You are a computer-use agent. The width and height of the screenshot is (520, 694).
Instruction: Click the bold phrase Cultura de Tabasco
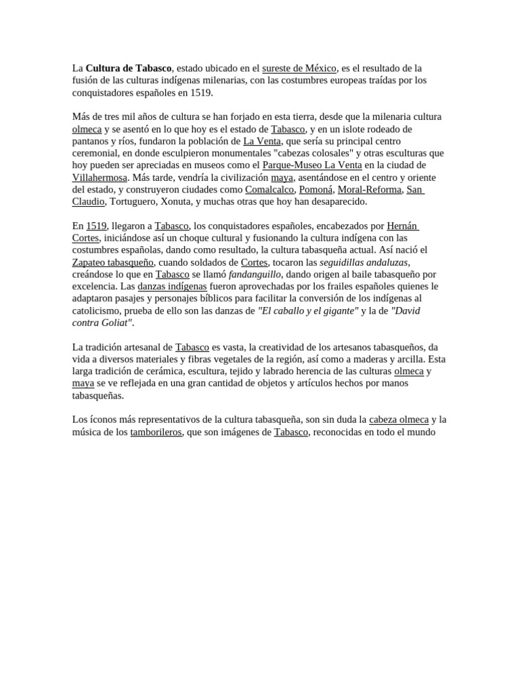point(129,68)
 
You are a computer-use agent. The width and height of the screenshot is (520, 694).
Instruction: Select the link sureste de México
point(299,68)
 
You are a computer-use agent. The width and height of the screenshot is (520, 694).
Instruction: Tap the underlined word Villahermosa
point(100,178)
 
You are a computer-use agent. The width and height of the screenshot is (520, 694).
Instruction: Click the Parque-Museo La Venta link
point(311,165)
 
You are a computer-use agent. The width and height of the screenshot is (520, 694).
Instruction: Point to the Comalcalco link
point(269,190)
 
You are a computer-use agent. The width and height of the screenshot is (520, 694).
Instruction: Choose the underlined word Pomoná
point(316,190)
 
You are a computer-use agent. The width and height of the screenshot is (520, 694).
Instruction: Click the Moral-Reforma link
point(369,190)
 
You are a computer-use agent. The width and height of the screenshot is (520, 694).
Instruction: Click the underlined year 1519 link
point(96,226)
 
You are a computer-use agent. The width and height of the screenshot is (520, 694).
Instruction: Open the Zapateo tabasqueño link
point(113,262)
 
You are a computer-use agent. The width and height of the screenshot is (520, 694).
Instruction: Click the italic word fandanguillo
point(254,274)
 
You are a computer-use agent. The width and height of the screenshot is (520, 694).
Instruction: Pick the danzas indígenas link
point(172,287)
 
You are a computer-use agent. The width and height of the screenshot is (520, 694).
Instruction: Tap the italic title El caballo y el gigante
point(309,310)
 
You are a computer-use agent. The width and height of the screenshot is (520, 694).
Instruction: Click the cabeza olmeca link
point(399,420)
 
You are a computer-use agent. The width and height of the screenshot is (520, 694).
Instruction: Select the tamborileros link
point(156,432)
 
